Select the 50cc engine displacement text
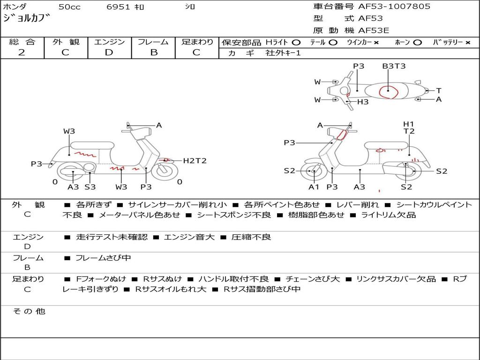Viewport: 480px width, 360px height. tap(68, 7)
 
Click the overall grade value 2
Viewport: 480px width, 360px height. tap(22, 52)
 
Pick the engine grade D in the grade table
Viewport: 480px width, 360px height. tap(109, 52)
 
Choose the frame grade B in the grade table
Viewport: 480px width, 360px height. tap(154, 52)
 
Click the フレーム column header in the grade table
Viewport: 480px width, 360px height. tap(153, 42)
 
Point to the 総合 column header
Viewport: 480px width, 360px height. tap(22, 42)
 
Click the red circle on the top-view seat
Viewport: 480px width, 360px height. tap(389, 91)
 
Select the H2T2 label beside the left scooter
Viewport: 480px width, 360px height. tap(195, 161)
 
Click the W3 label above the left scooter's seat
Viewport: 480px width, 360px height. tap(69, 131)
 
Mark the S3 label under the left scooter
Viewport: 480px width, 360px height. tap(90, 187)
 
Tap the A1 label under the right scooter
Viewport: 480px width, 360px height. tap(314, 187)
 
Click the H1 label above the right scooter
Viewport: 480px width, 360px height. tap(409, 124)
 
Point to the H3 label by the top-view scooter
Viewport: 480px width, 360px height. tap(363, 101)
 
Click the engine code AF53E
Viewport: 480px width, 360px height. tap(374, 30)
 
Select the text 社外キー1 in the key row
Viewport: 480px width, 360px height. tap(283, 53)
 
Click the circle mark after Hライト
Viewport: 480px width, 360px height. tap(296, 42)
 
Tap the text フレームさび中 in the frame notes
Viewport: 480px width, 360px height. tap(103, 258)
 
